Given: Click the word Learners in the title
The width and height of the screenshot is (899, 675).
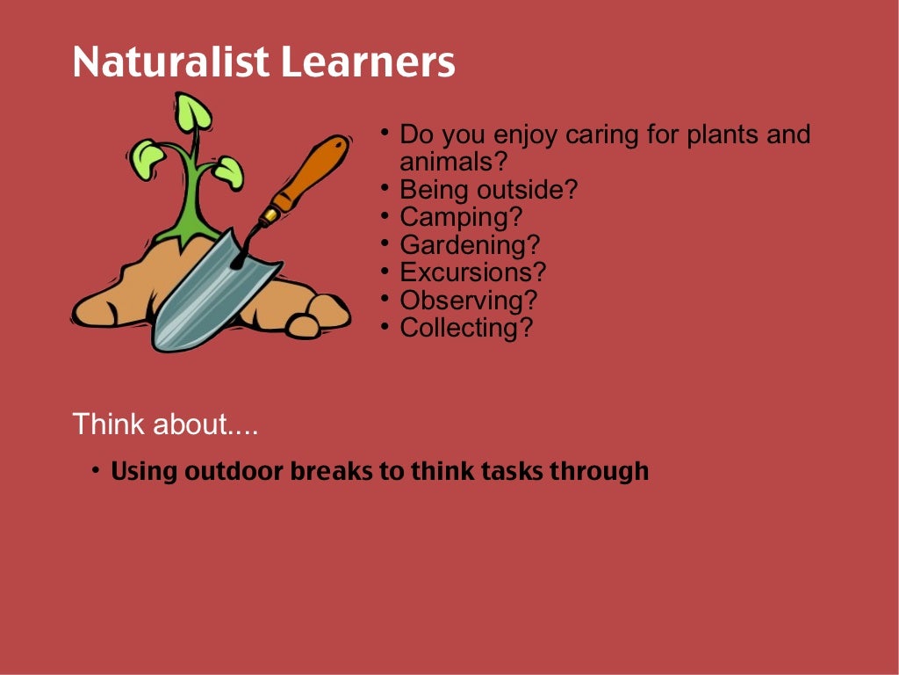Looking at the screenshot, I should point(368,62).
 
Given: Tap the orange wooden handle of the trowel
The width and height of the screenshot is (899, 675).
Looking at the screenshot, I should point(311,172).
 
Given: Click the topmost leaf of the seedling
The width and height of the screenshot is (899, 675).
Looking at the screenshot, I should point(192,112).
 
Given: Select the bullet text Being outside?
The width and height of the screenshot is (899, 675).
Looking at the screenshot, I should point(488,190).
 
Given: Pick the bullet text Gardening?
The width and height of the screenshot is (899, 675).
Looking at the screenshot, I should point(470,244).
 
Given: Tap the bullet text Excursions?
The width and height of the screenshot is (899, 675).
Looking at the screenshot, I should point(472,272).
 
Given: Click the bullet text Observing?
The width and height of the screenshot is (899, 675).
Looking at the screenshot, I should point(468,300).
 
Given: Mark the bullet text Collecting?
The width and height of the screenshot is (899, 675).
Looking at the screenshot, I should point(466,328).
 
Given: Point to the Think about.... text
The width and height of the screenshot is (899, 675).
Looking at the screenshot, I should point(165,425).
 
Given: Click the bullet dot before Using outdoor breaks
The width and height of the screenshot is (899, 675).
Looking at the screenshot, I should point(95,471).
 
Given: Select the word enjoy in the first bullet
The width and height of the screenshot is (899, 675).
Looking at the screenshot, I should point(527,136).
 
